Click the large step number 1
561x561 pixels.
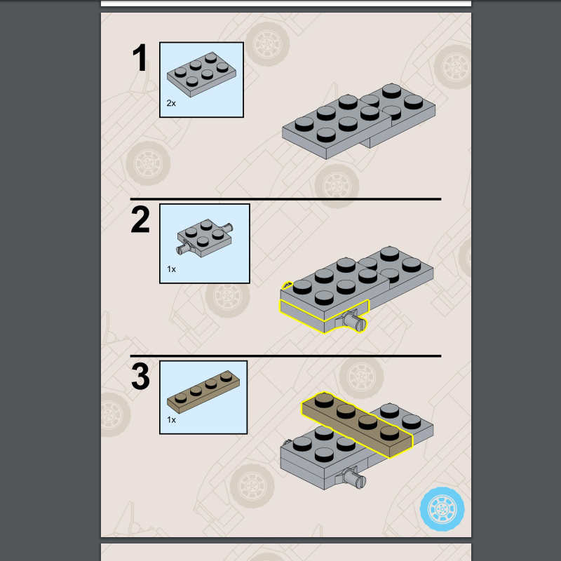tap(140, 58)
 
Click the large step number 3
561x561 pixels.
tap(140, 376)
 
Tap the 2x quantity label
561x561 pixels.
tap(171, 103)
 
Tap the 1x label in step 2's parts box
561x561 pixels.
tap(171, 269)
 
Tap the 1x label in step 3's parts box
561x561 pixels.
tap(171, 419)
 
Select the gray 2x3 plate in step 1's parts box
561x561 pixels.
tap(201, 74)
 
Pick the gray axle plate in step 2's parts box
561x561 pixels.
tap(204, 238)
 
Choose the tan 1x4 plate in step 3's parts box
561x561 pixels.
tap(203, 392)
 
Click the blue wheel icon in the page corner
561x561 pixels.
tap(442, 509)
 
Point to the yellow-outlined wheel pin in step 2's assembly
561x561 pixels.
tap(354, 321)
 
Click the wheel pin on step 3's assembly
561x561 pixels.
tap(354, 478)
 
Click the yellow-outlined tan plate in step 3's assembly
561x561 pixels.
tap(357, 424)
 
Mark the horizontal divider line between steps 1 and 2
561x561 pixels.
tap(285, 198)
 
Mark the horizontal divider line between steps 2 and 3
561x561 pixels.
tap(285, 356)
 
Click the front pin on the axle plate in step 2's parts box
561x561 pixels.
tap(182, 248)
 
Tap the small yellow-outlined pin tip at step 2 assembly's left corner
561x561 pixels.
tap(288, 285)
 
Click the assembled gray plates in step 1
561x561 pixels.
tap(358, 121)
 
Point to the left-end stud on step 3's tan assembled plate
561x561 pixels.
tap(324, 400)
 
